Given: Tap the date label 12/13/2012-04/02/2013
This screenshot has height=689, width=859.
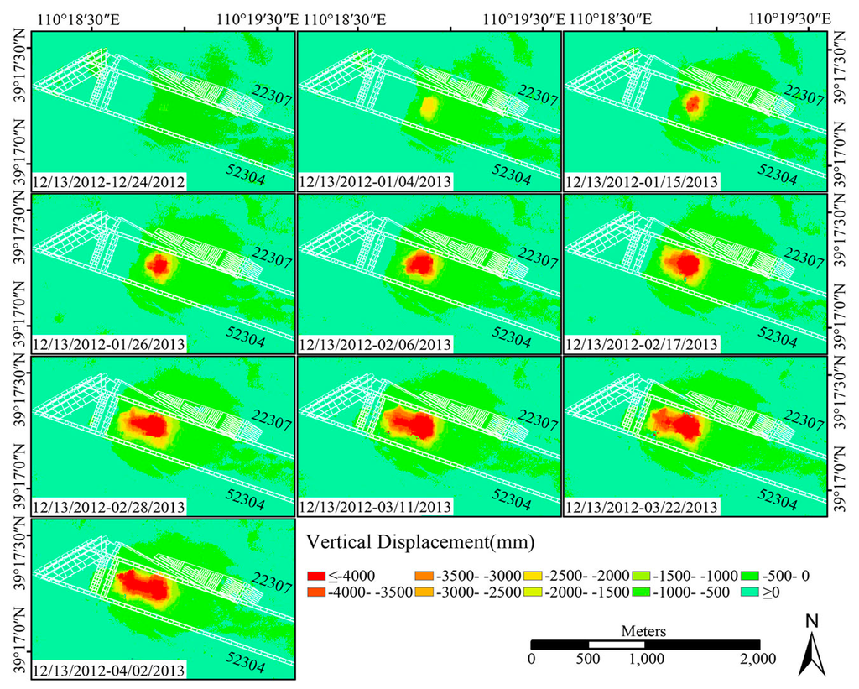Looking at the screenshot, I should click(109, 670).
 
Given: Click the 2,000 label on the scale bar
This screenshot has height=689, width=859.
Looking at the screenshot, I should click(757, 659).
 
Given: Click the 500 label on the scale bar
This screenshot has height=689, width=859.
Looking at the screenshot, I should click(588, 659).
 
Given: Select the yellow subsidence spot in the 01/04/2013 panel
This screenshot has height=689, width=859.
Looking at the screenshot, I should click(429, 107).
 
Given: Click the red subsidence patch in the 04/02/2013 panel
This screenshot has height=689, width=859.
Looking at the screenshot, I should click(140, 583).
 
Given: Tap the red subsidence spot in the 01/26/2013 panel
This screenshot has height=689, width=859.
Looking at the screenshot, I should click(158, 266).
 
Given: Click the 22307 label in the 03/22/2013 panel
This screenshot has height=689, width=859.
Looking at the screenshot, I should click(802, 420).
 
